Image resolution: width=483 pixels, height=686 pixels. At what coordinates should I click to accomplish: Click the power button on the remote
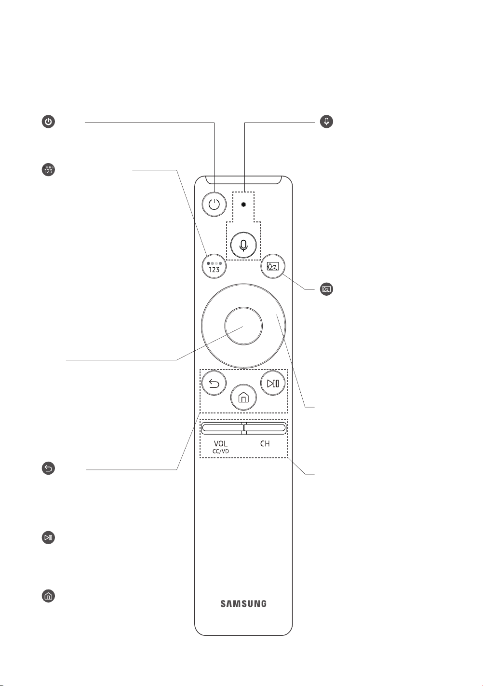214,204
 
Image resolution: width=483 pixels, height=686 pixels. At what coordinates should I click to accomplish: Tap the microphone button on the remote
243,245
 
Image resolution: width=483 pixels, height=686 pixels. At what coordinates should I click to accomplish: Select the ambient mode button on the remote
273,266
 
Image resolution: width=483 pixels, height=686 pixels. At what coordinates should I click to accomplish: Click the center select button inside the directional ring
243,326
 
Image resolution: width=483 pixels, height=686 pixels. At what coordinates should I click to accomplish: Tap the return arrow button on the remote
214,383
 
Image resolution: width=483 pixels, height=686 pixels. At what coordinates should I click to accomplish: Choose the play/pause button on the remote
273,383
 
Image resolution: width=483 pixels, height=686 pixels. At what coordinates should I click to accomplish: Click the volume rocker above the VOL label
222,428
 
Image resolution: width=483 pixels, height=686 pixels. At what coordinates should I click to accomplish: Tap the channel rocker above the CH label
265,428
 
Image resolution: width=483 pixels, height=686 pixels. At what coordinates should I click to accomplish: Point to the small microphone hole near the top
243,204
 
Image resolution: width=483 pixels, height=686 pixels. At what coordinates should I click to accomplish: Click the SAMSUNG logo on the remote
243,604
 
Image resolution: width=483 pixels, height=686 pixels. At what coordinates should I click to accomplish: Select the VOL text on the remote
221,443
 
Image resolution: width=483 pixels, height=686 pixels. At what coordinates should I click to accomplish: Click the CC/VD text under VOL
221,452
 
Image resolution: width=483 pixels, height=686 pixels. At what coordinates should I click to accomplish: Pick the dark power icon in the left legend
48,122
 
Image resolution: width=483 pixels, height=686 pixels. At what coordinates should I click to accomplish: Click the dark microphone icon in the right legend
327,122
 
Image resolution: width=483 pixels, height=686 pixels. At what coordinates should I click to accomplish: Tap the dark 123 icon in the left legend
48,170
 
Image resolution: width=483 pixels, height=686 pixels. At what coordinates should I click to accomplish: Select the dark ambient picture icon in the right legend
327,289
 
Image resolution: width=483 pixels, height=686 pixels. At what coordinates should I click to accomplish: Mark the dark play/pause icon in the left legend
48,537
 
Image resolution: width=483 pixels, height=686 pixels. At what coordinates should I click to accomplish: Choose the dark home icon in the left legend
48,596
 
